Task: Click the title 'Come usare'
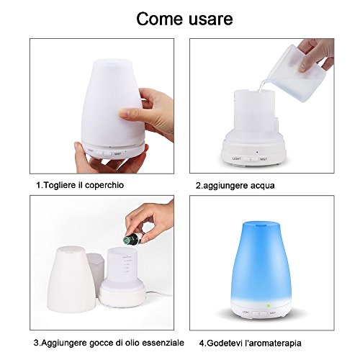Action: (x=180, y=19)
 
